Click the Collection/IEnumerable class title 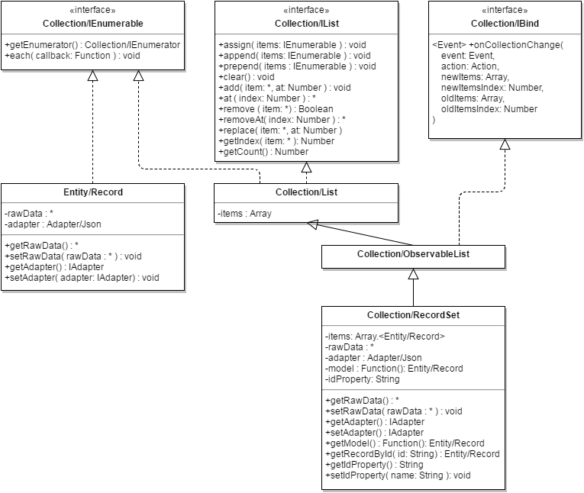(92, 24)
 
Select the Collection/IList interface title (307, 24)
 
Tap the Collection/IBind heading (505, 24)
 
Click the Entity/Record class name (92, 192)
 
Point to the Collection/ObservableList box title (413, 254)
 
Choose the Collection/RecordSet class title (413, 315)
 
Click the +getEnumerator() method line (92, 45)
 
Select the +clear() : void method (246, 77)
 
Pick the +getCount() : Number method (263, 152)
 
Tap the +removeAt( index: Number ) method (282, 120)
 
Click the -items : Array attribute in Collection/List (245, 214)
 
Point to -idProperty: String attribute (363, 379)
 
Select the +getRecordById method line (412, 454)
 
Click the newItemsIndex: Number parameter (492, 88)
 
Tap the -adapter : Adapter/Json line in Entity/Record (53, 224)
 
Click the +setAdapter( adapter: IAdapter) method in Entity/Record (82, 278)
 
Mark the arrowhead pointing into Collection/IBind (505, 144)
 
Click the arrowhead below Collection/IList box (307, 167)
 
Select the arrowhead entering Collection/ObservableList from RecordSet (413, 274)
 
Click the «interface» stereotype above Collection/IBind (505, 10)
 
